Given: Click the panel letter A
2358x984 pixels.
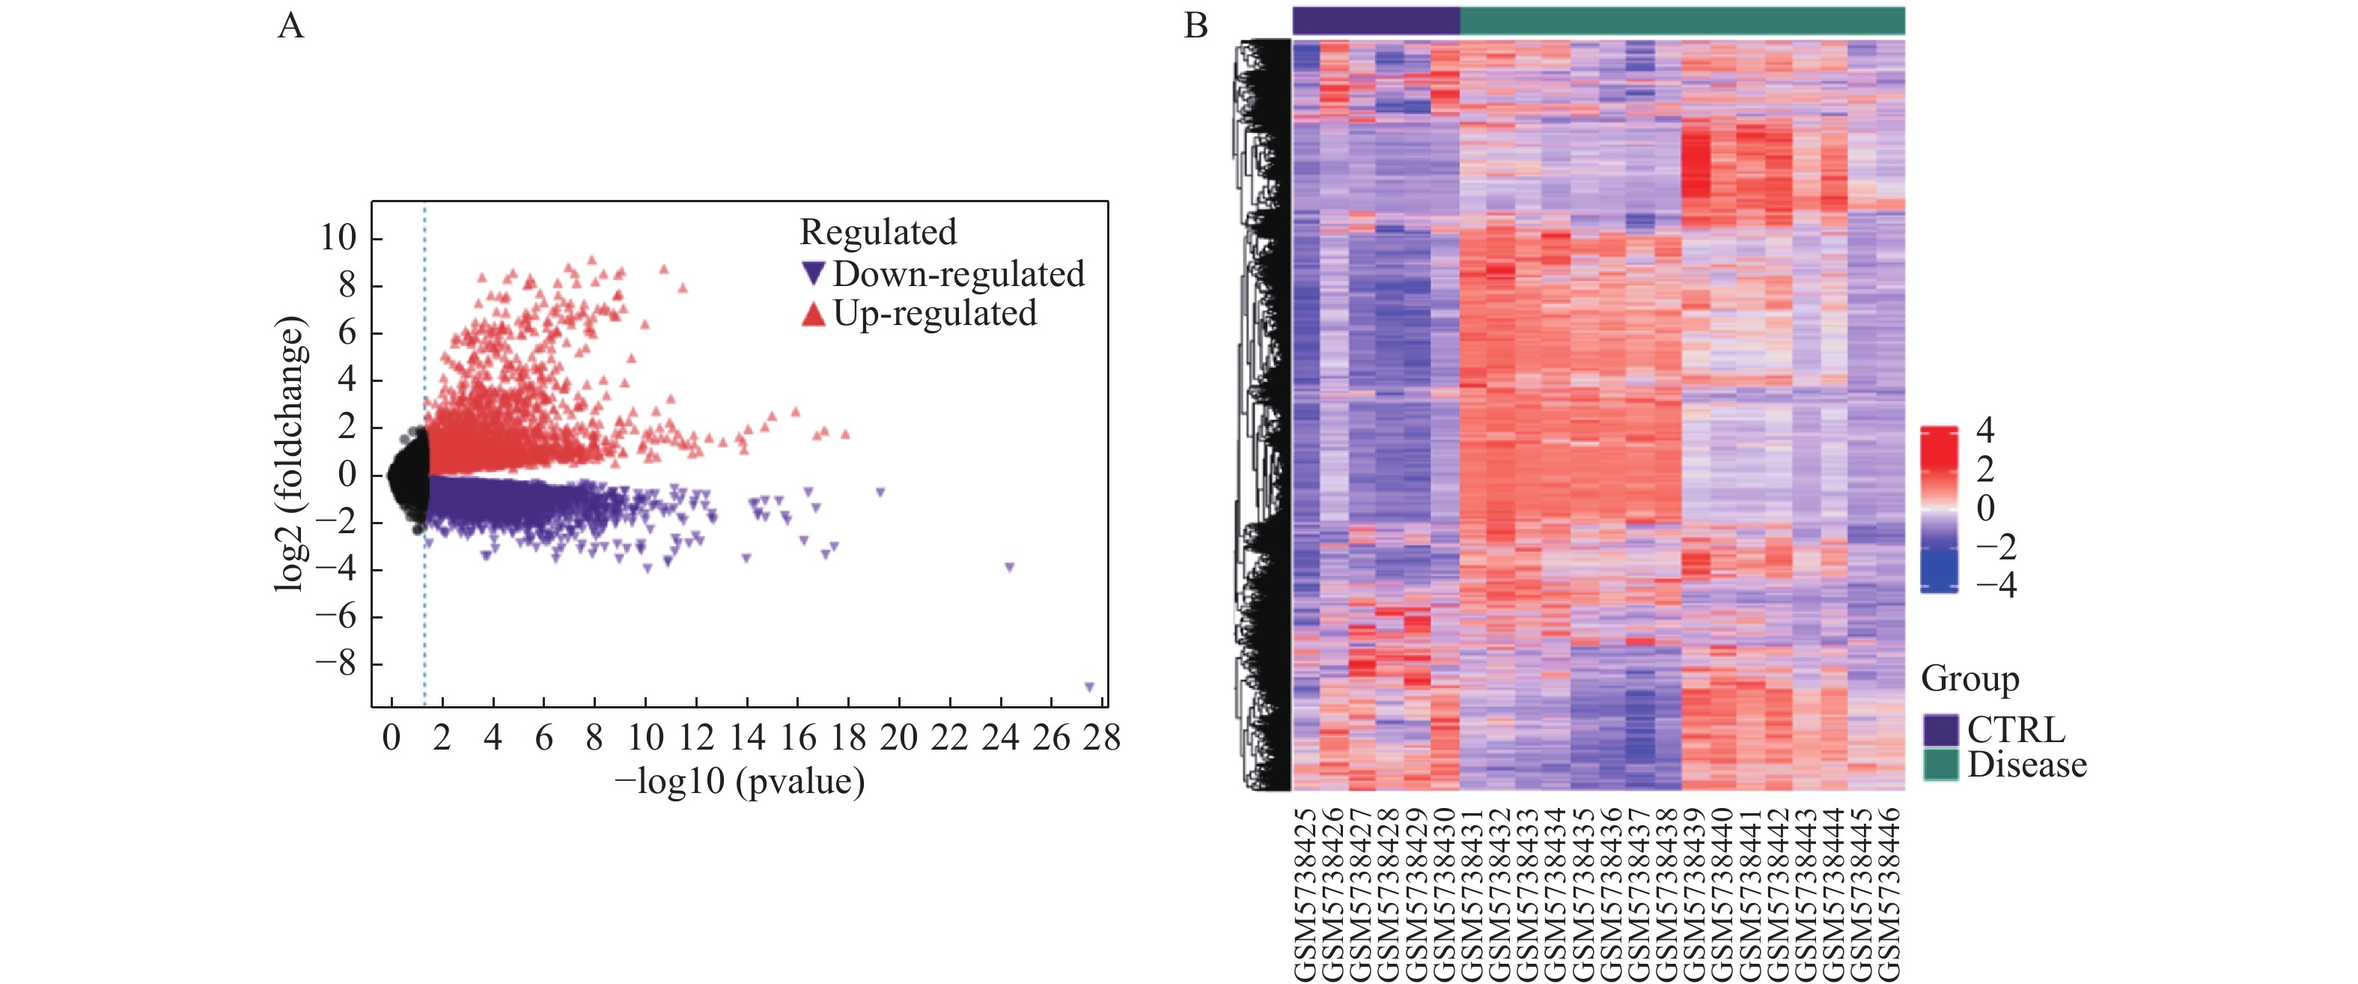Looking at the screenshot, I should tap(290, 25).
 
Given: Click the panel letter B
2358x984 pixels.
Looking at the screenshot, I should tap(1195, 25).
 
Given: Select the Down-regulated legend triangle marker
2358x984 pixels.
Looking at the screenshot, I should tap(813, 273).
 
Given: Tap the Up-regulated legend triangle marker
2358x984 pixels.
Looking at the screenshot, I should tap(813, 314).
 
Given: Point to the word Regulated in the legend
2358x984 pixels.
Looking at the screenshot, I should tap(878, 232).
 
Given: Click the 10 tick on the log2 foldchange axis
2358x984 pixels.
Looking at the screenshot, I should tap(337, 238).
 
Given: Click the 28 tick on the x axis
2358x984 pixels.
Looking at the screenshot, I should tap(1101, 738).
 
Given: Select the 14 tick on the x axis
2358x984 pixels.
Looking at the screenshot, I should tap(747, 738).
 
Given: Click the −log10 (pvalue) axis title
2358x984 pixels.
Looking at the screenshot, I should tap(740, 782).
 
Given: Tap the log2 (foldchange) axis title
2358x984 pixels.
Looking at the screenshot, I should tap(289, 454).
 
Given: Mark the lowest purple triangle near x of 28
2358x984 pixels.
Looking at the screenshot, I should tap(1089, 687).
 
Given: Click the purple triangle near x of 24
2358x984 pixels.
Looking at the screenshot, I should tap(1009, 568).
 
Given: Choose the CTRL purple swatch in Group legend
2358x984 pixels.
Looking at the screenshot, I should tap(1940, 730).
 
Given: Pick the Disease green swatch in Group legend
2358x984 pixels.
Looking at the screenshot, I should tap(1940, 765).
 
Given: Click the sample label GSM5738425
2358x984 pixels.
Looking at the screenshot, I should tap(1306, 893).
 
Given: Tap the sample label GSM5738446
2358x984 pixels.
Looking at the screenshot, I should tap(1889, 893).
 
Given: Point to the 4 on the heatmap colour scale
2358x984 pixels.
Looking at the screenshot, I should tap(1984, 429).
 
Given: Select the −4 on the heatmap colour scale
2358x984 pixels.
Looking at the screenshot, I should tap(1996, 585).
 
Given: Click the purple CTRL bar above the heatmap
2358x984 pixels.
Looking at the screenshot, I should tap(1375, 20).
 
